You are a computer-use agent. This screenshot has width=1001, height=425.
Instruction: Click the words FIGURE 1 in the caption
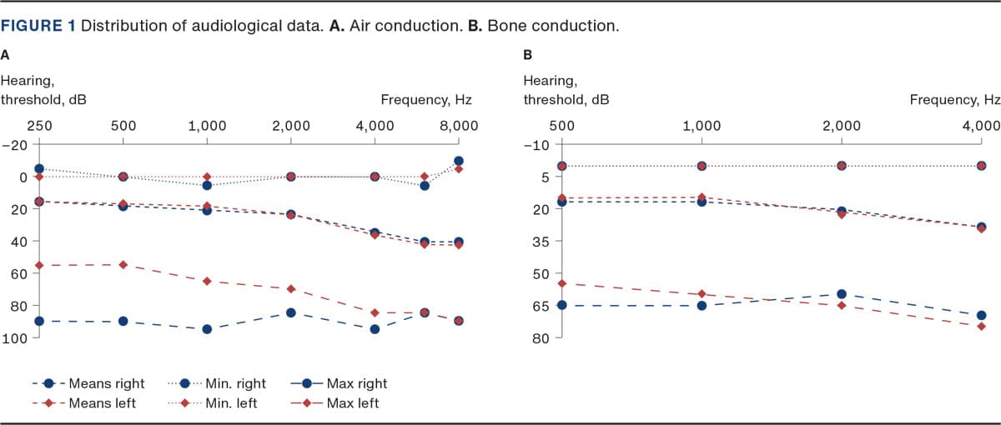coord(38,25)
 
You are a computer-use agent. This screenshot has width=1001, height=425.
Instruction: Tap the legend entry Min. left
coord(231,403)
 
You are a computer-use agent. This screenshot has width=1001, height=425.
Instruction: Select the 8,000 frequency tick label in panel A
coord(459,126)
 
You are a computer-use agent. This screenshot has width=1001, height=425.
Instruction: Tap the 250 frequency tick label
coord(39,126)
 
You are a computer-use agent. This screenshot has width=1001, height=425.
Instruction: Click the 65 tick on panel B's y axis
coord(540,306)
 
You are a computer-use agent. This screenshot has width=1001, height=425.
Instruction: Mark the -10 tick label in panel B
coord(537,144)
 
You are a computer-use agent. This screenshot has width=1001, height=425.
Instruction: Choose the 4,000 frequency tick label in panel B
coord(981,126)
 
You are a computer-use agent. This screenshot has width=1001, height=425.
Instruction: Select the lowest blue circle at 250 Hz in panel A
coord(39,321)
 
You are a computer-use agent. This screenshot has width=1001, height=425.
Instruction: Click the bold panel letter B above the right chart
coord(527,56)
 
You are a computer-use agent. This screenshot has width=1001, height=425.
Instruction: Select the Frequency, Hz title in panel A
coord(426,100)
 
